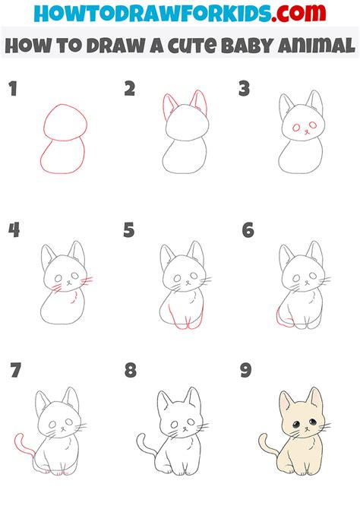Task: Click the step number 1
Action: [12, 89]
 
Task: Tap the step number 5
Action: [129, 229]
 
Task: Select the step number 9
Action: [245, 371]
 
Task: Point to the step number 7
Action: [14, 371]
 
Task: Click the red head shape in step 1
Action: [65, 122]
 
